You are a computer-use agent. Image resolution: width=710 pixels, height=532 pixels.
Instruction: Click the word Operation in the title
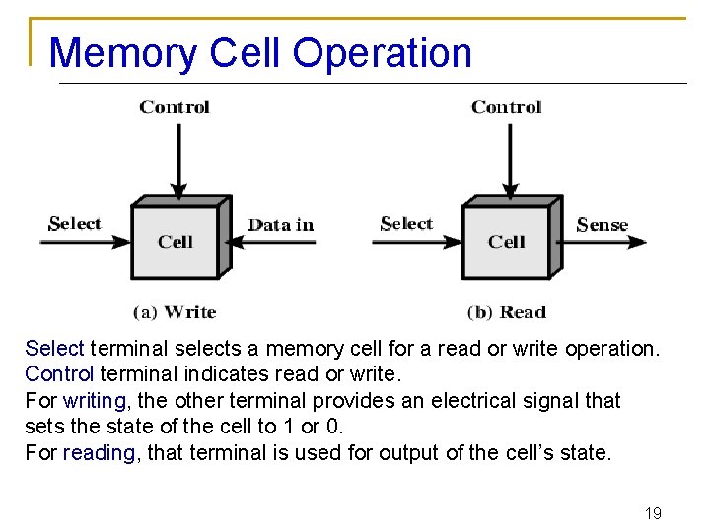[x=383, y=53]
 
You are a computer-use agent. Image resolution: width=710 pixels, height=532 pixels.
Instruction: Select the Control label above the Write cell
[x=175, y=107]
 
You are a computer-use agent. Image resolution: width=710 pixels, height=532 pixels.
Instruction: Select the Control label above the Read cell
[x=507, y=107]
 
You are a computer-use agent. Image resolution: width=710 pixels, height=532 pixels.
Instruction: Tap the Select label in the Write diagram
[x=75, y=223]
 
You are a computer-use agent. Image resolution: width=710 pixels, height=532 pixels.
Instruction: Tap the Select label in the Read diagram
[x=406, y=223]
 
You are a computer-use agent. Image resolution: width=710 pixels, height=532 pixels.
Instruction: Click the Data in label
[x=281, y=224]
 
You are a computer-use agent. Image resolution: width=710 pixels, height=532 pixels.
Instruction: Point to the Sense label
[x=602, y=224]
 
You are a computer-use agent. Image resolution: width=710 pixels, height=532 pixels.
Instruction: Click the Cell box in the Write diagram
[x=176, y=241]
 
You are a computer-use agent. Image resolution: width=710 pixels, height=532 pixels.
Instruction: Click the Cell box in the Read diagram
[x=507, y=241]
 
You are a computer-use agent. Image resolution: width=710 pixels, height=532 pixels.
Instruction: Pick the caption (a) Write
[x=175, y=312]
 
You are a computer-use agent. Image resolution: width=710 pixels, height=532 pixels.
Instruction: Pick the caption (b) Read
[x=507, y=312]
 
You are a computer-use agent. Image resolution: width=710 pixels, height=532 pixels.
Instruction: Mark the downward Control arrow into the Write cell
[x=177, y=158]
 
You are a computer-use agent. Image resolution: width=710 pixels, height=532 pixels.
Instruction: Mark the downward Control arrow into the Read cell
[x=509, y=158]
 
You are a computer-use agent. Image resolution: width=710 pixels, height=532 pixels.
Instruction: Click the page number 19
[x=652, y=513]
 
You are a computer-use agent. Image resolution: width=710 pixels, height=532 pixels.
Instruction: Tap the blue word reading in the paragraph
[x=99, y=453]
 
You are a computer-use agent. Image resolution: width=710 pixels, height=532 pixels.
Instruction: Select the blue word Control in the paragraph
[x=59, y=374]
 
